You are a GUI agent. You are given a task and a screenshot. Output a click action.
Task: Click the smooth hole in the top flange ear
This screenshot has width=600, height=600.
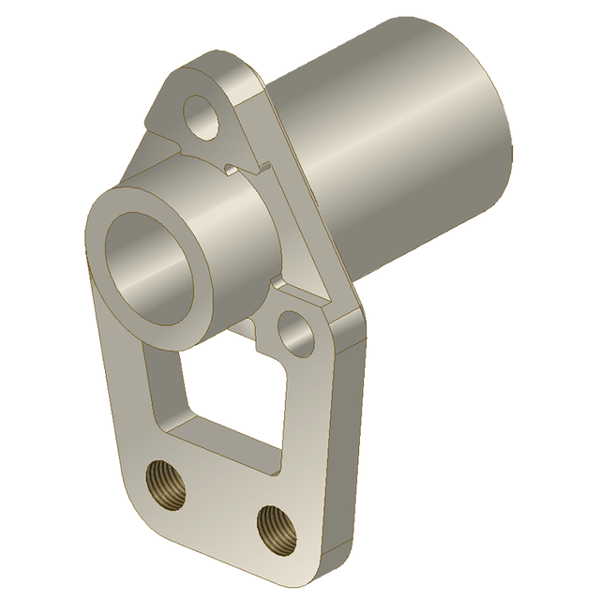pyautogui.click(x=202, y=115)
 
